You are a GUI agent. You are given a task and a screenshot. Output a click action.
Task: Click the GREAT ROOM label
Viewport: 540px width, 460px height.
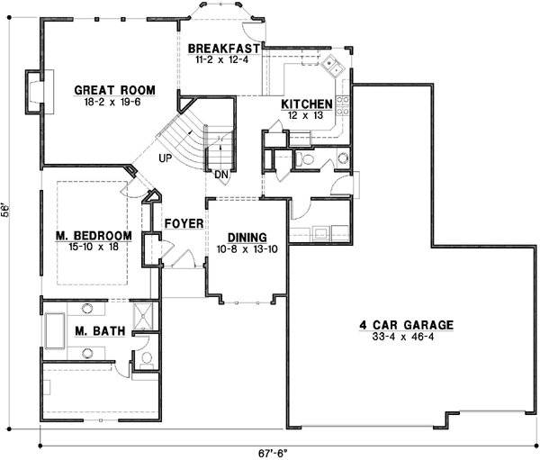(x=114, y=90)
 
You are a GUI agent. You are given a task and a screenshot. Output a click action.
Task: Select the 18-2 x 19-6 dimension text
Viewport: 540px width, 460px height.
(x=114, y=102)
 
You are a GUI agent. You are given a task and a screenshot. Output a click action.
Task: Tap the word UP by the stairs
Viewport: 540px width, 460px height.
(x=165, y=158)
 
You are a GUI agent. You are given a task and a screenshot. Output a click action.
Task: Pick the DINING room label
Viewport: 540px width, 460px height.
(x=239, y=238)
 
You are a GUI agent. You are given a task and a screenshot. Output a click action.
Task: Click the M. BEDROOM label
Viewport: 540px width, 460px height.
(x=94, y=236)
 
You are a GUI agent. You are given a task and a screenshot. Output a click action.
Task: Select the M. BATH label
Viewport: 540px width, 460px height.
(x=94, y=331)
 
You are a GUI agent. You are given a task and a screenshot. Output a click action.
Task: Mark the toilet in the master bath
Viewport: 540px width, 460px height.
(x=146, y=359)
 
